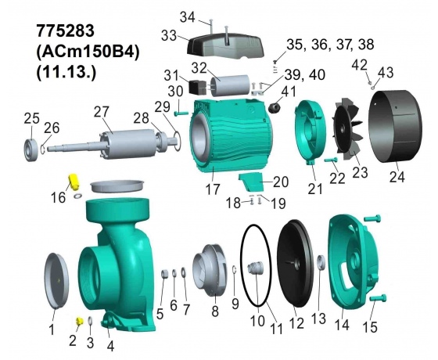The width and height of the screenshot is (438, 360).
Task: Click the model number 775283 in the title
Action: point(66,31)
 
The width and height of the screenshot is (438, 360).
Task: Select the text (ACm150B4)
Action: point(88,52)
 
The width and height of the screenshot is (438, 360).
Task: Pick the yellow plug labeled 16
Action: point(74,182)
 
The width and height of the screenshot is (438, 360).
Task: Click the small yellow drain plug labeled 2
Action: point(80,321)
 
